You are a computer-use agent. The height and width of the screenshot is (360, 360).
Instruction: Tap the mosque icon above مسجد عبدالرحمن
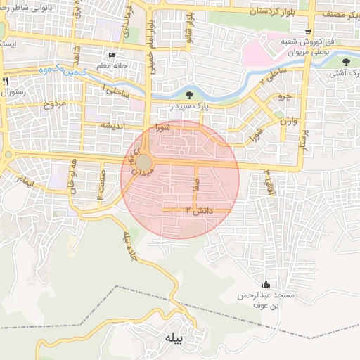[266, 285]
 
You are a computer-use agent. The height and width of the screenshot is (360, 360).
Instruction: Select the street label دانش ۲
[198, 210]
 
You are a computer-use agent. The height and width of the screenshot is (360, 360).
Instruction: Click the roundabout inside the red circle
[143, 163]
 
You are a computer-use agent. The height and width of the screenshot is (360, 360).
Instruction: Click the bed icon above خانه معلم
[112, 56]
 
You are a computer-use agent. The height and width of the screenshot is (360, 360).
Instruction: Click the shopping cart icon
[309, 32]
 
